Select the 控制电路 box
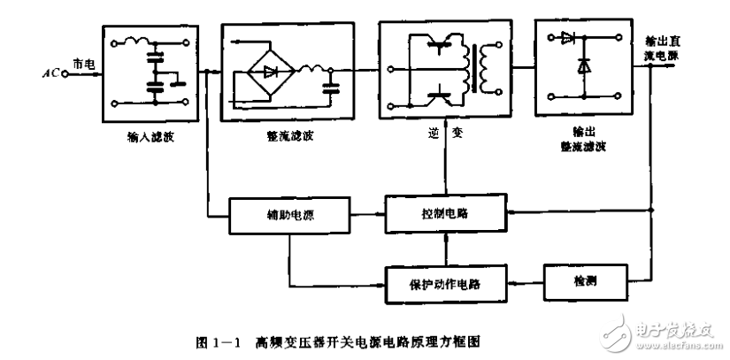(x=445, y=213)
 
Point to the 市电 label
(x=81, y=65)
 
